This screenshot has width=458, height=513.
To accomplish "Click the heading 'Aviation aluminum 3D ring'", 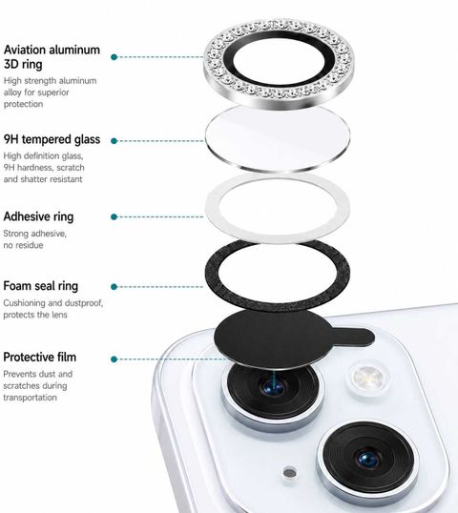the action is (52, 57).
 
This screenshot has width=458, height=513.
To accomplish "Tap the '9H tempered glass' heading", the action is (52, 139).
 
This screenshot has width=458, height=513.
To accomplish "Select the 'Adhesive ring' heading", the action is (38, 216).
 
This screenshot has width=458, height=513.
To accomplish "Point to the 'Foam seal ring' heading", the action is (41, 286).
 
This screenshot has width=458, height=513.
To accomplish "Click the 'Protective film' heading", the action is (40, 357).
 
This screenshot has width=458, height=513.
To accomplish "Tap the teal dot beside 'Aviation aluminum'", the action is (114, 57).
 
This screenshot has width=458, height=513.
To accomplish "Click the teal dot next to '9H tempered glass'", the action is (114, 141).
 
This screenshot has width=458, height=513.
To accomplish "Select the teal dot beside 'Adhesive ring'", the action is (114, 216).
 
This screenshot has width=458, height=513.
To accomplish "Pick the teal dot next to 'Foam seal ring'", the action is (114, 287).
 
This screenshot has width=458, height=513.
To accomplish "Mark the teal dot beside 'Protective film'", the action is (114, 359).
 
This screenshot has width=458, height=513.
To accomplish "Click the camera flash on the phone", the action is (368, 379).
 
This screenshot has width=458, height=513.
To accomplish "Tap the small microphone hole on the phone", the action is (290, 473).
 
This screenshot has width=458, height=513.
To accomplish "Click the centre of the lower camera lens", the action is (368, 459).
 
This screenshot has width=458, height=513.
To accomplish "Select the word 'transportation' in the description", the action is (31, 398).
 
